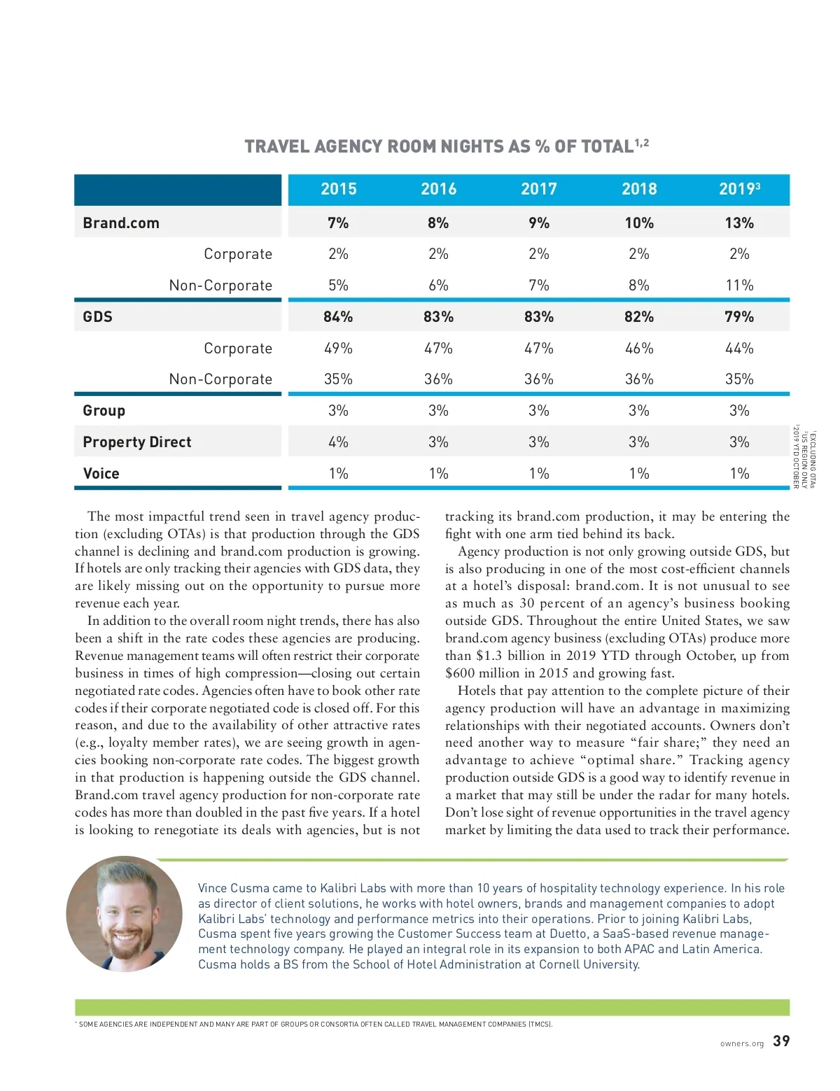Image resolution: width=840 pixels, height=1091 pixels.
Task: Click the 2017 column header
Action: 538,189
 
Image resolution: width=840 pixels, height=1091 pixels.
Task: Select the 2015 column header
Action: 338,189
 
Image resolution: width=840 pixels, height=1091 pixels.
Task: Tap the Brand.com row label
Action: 121,223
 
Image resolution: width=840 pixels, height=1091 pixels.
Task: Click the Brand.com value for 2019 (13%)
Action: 739,223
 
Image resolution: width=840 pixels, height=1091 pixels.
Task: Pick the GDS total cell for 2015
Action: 338,317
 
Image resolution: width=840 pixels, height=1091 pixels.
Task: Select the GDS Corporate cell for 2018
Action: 638,349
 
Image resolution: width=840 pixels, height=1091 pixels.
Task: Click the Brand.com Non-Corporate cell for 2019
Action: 739,286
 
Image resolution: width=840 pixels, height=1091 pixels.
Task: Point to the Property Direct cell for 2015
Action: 338,442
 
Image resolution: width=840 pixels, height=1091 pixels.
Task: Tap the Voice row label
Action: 101,474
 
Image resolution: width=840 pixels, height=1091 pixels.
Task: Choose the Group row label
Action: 104,411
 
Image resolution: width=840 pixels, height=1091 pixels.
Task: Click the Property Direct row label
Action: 136,442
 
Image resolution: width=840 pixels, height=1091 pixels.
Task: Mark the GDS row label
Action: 97,317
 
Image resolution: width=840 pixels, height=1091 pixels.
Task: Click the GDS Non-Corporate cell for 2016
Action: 438,379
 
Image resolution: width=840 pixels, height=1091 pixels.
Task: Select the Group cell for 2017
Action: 538,411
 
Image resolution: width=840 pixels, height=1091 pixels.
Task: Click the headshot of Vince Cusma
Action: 125,914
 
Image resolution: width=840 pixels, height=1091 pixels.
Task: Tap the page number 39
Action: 781,1041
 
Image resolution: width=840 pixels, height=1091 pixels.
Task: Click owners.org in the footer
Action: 742,1044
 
